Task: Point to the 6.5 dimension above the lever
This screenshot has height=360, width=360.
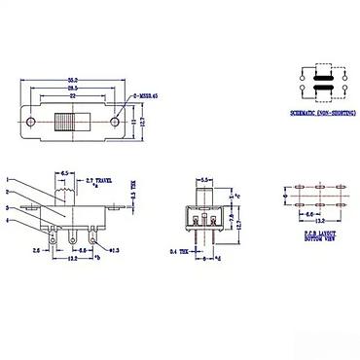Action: [x=64, y=172]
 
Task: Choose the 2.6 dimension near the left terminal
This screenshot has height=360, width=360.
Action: [x=35, y=250]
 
